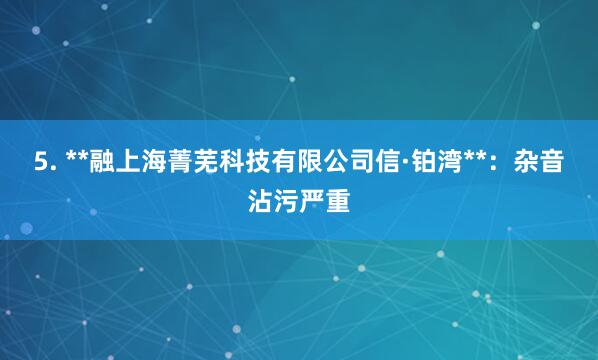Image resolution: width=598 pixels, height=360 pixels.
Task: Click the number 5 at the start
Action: [40, 161]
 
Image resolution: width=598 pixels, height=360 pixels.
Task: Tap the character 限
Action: [312, 160]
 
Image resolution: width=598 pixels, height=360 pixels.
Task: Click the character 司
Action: [365, 160]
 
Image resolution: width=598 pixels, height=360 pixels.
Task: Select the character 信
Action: [391, 160]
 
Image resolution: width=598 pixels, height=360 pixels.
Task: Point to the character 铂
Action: [423, 160]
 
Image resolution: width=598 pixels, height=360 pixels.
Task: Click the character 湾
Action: [450, 160]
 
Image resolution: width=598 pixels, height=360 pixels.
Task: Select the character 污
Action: [286, 201]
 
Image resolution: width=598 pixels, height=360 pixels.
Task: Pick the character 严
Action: [312, 201]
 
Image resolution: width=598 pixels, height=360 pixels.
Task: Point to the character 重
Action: [339, 201]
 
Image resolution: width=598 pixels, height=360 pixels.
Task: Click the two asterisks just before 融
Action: [75, 157]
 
